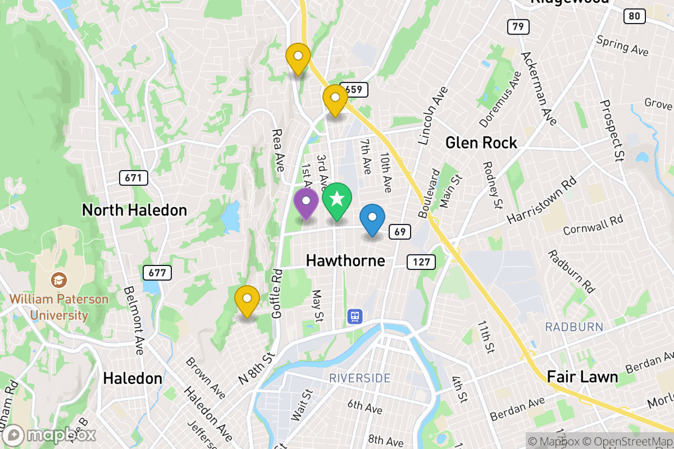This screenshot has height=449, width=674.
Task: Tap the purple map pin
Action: pos(306,203)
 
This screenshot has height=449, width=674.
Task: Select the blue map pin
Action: pos(372,219)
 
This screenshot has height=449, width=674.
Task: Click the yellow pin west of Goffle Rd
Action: pos(247,300)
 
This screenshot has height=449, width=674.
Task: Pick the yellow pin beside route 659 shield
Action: pos(335,99)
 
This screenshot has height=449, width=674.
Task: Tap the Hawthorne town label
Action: pos(345,260)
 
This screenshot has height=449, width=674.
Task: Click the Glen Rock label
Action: pos(481,143)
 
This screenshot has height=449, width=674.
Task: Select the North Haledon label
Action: pos(134,210)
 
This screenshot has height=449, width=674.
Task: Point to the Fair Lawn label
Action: pos(582,377)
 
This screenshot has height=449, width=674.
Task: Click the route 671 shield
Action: pos(134,178)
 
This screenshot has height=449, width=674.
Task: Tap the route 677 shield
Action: pos(157,273)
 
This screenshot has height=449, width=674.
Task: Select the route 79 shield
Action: pos(518,26)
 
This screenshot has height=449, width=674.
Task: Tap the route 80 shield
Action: pos(634,16)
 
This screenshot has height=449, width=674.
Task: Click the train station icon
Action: pos(355,316)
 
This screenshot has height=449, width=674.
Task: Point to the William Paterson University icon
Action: pos(58,279)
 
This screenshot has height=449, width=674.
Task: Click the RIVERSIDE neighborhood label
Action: pos(359,378)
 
